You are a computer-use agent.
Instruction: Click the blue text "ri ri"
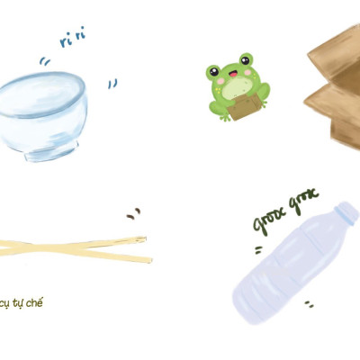73,38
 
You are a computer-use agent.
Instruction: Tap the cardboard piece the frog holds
243,106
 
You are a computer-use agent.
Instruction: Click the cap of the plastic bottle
346,214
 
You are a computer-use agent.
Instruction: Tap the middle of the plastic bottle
288,261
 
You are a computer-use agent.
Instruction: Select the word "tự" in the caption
18,302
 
